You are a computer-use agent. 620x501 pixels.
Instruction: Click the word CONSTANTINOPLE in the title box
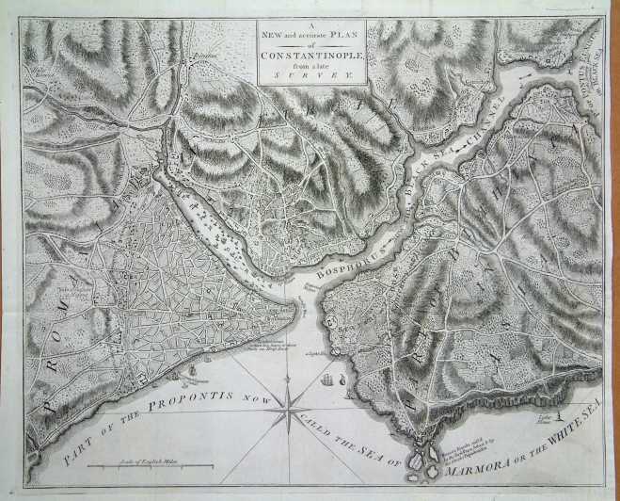click(309, 53)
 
